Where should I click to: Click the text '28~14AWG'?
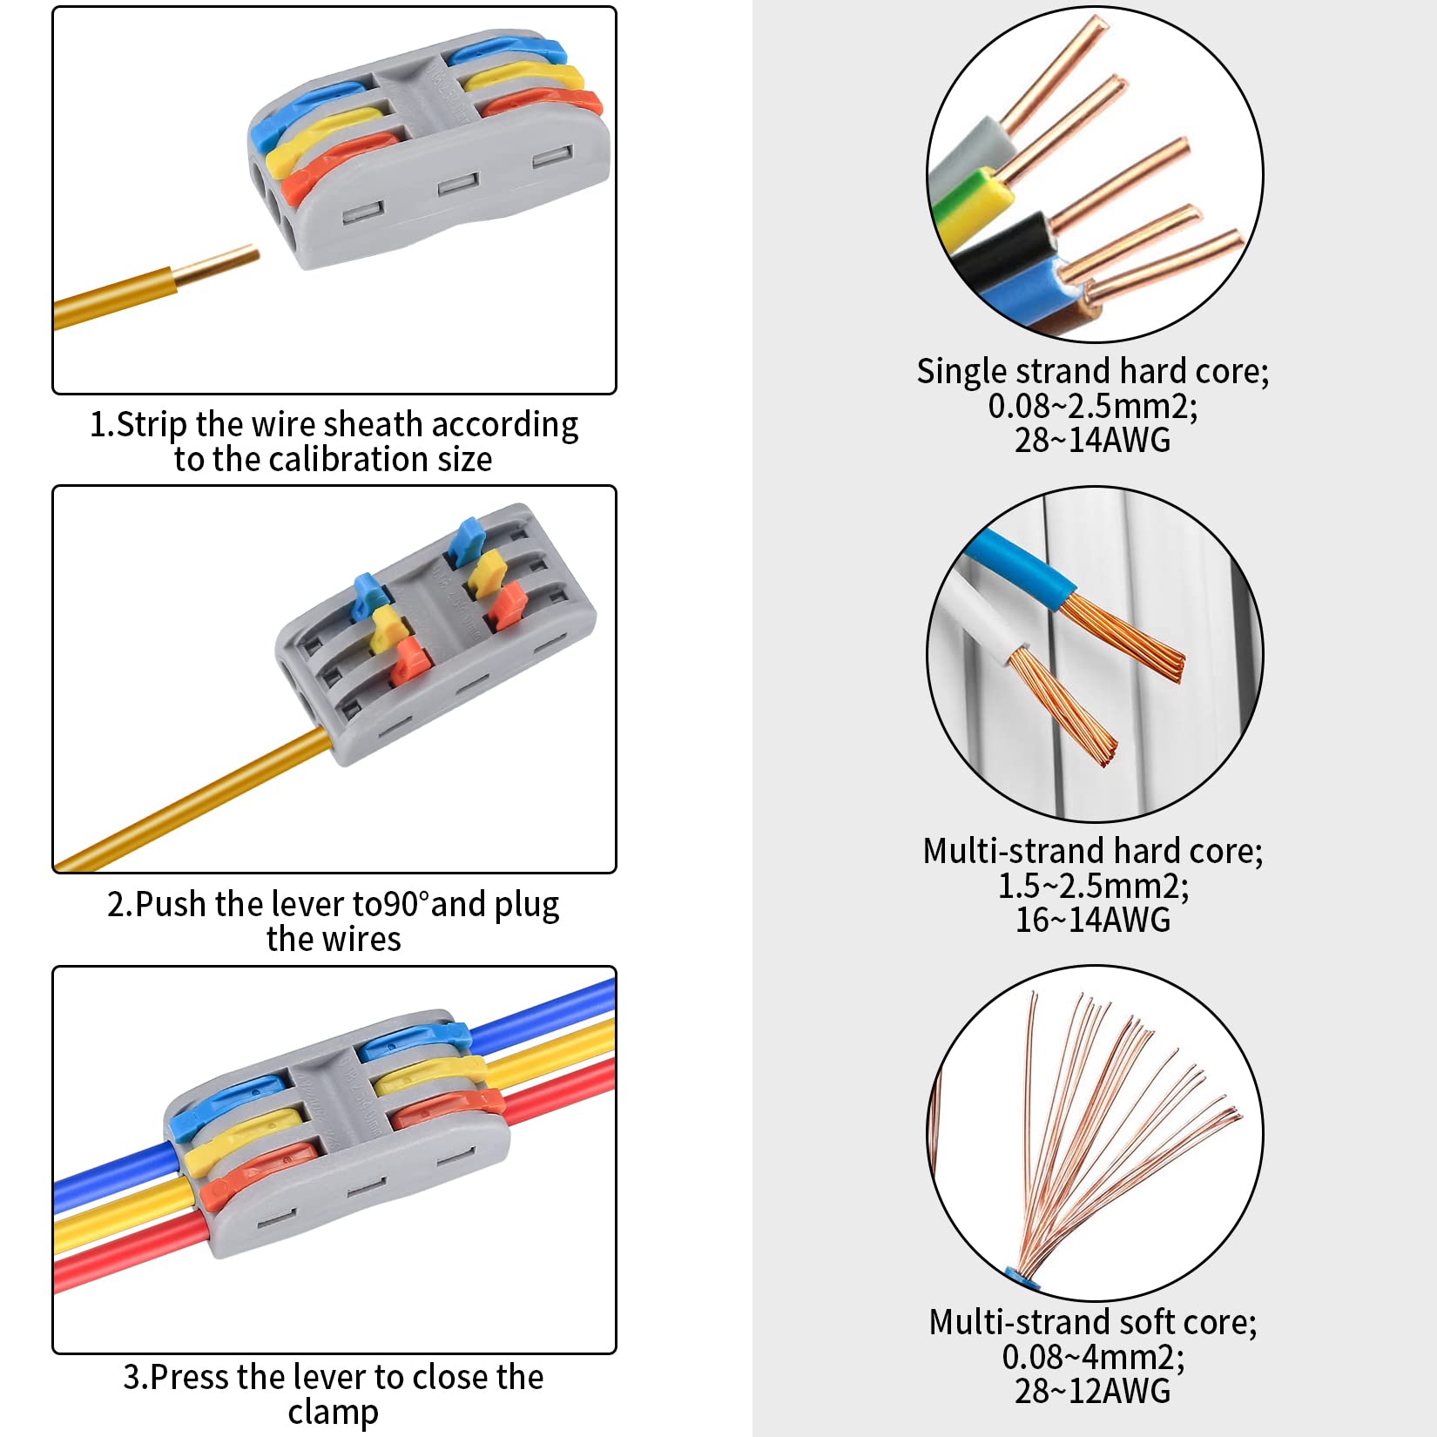coord(1092,440)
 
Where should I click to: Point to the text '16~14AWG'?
coord(1092,920)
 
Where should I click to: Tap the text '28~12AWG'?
coord(1092,1391)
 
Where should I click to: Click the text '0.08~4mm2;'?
coord(1092,1356)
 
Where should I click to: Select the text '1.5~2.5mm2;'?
coord(1092,886)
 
